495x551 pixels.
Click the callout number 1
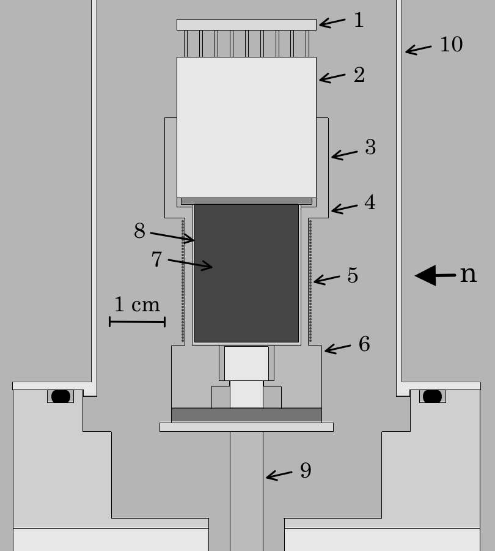coord(359,20)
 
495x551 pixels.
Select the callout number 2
coord(359,75)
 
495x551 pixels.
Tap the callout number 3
coord(370,147)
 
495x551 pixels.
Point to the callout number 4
coord(370,202)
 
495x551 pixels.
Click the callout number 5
coord(353,275)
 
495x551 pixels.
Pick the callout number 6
coord(364,344)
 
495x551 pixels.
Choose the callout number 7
coord(157,259)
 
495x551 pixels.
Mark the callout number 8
coord(140,231)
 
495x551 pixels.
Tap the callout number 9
coord(306,470)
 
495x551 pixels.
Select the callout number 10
coord(452,45)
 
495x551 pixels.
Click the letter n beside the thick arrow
coord(468,275)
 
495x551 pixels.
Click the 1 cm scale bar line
coord(137,321)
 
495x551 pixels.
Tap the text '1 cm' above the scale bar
coord(137,305)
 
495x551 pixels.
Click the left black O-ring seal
coord(61,396)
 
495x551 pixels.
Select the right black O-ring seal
coord(432,396)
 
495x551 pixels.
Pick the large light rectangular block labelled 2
coord(246,127)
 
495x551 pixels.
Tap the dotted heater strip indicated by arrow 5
coord(310,281)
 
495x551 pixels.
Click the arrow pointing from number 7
coord(190,264)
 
